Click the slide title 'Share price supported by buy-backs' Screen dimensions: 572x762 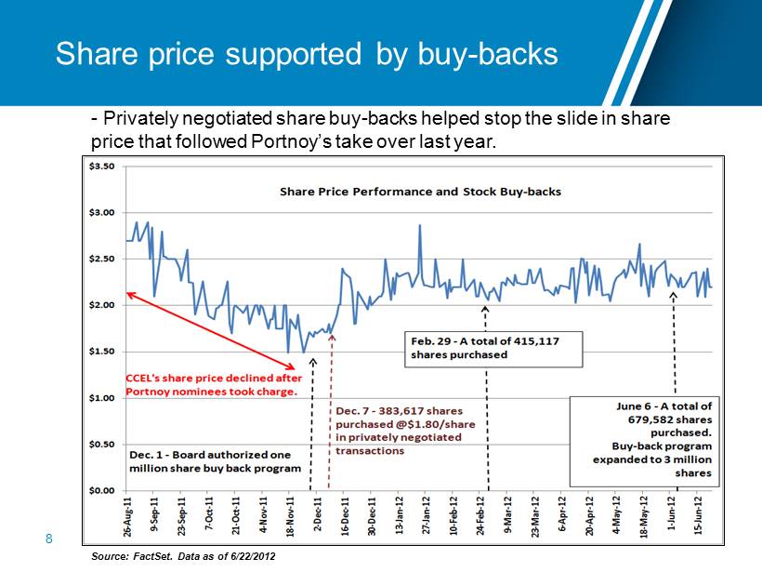[x=307, y=54]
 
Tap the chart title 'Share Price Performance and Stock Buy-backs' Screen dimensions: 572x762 [x=421, y=192]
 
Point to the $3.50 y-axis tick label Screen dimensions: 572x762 [x=101, y=166]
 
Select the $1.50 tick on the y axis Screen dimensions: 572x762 [x=101, y=352]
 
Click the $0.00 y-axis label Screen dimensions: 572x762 [x=101, y=490]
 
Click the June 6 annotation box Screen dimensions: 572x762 [x=641, y=439]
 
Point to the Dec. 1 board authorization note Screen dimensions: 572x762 [x=209, y=461]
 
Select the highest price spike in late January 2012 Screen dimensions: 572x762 [x=420, y=225]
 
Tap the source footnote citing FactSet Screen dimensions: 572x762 [x=183, y=555]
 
